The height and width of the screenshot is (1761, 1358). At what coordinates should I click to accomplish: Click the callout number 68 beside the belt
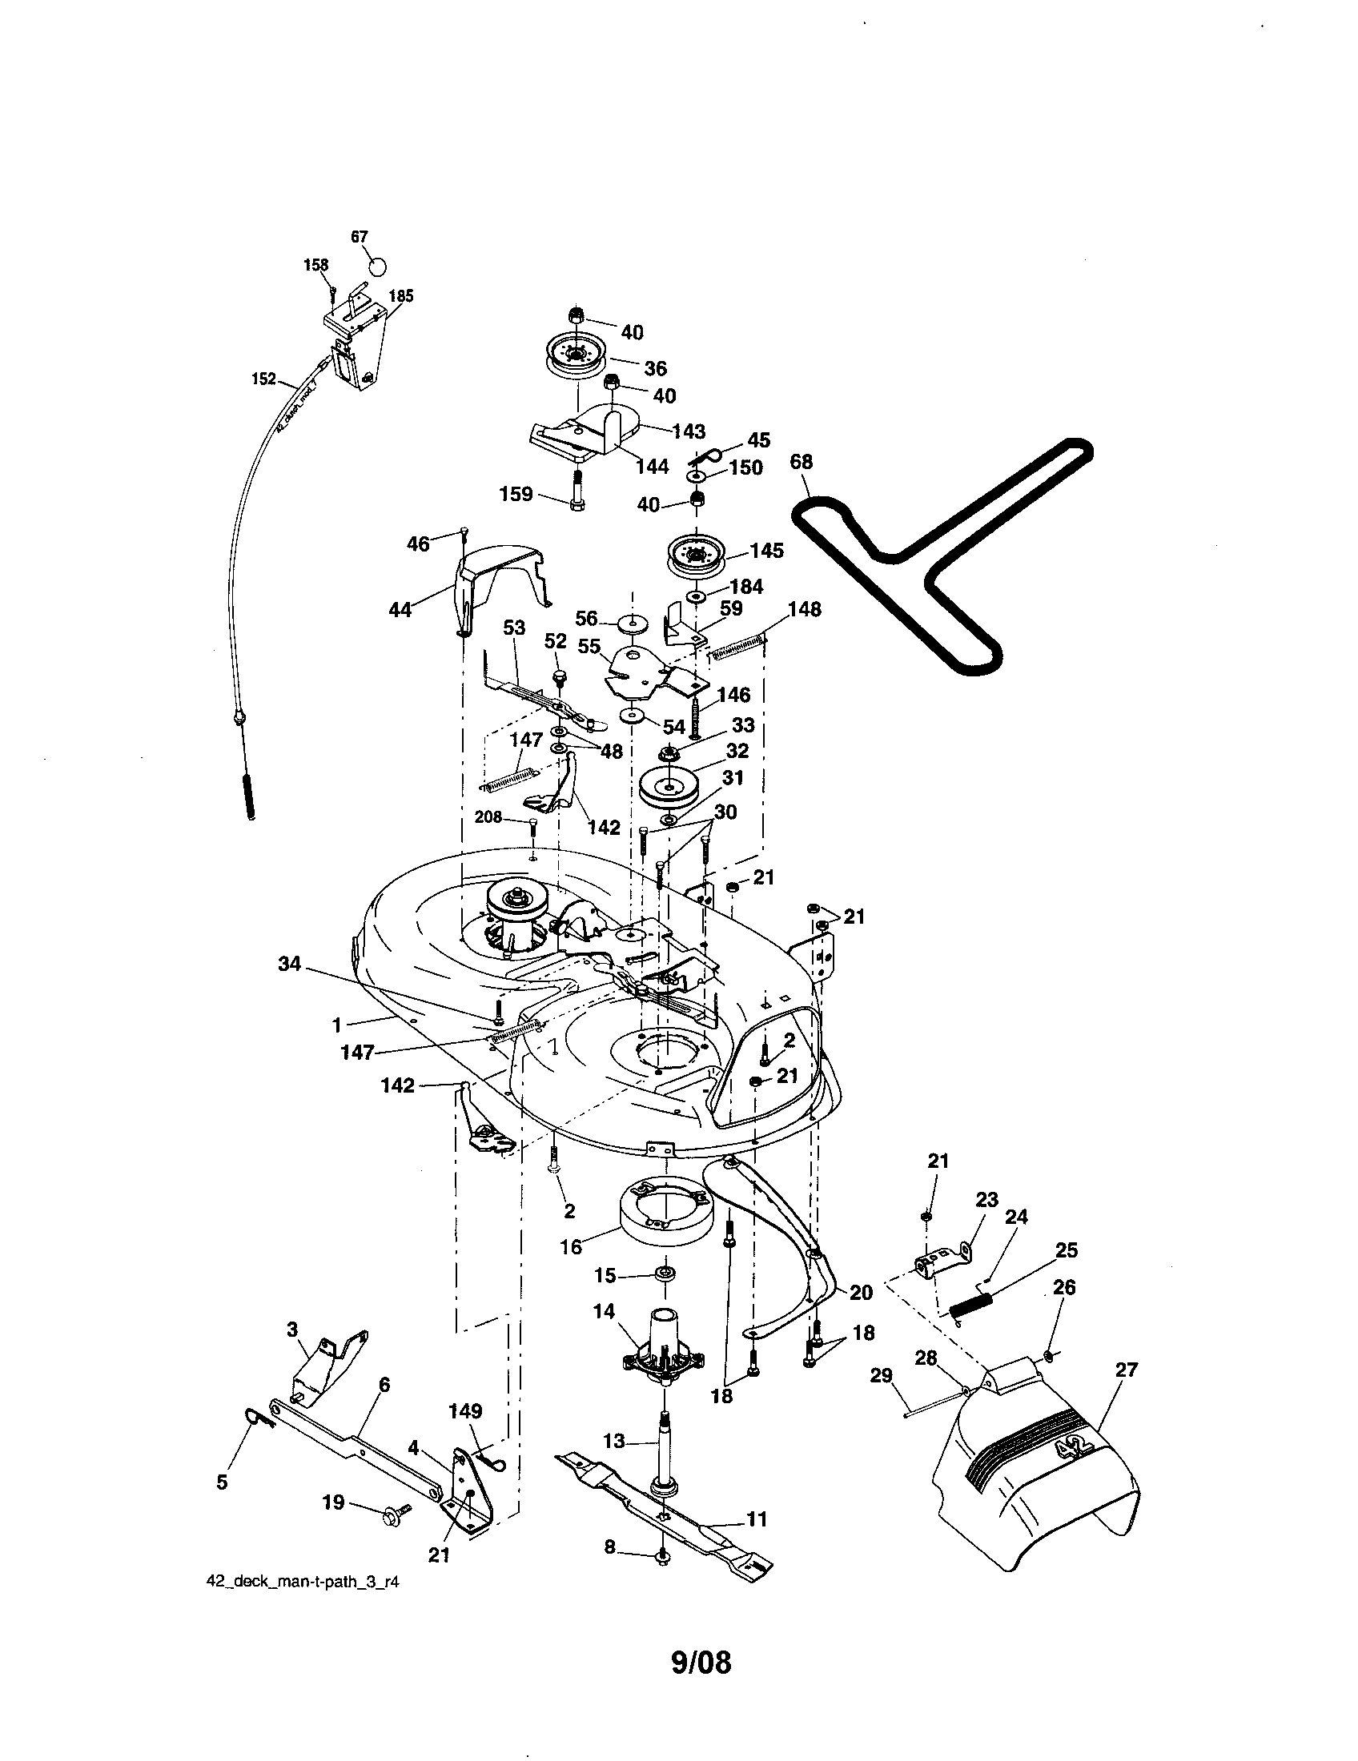[801, 462]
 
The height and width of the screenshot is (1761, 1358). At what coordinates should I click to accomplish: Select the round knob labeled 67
[377, 266]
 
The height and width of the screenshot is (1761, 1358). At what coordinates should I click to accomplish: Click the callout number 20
[862, 1293]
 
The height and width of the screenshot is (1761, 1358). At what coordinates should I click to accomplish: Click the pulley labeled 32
[669, 786]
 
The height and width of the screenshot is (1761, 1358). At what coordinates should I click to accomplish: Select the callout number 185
[401, 296]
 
